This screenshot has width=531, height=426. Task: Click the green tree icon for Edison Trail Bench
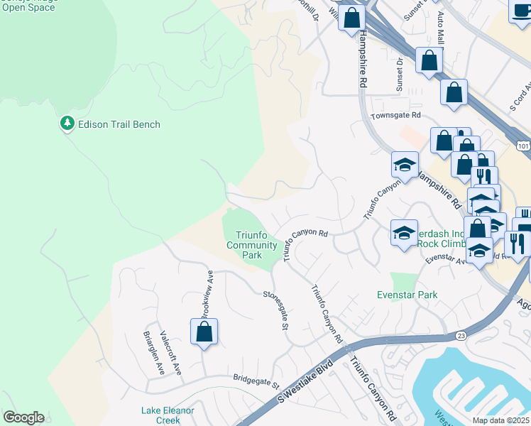click(x=67, y=124)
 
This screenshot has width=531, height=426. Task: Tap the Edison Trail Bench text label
click(x=120, y=124)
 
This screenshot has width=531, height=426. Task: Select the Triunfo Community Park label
click(x=251, y=245)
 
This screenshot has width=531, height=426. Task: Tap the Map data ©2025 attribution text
click(x=501, y=420)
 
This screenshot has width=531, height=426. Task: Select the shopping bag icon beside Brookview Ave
click(x=204, y=332)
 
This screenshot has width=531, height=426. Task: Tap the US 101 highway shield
click(x=524, y=145)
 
